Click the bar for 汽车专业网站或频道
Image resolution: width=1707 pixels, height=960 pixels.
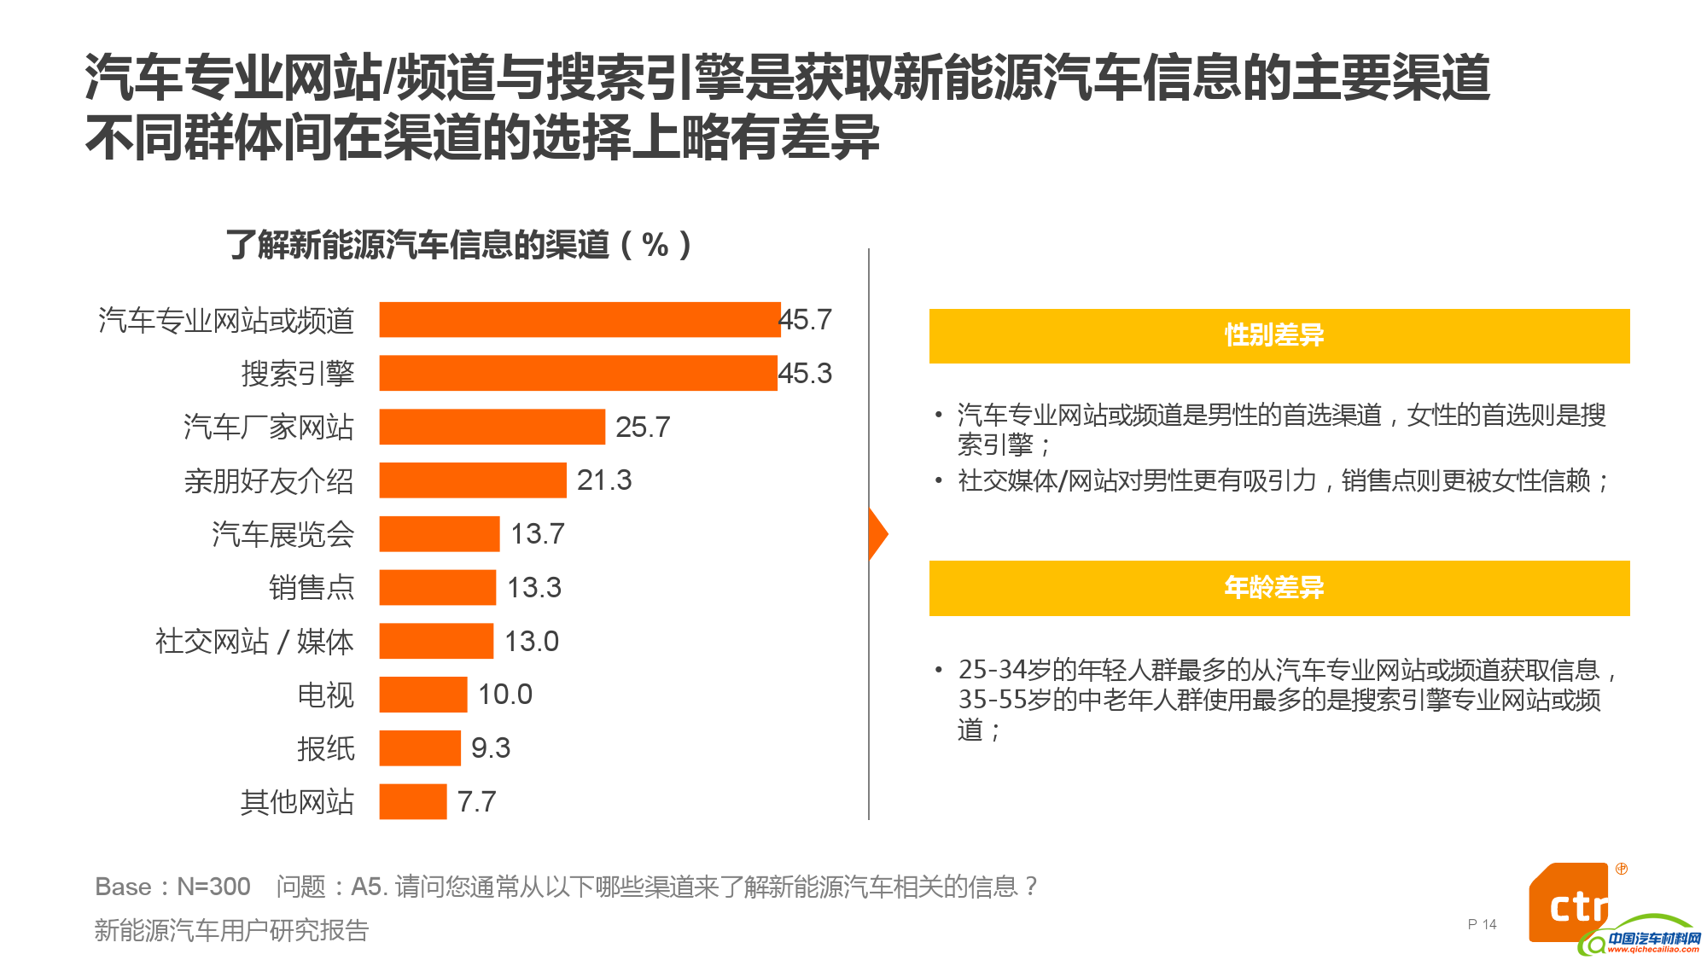point(580,320)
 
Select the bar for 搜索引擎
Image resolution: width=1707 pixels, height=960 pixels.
point(578,373)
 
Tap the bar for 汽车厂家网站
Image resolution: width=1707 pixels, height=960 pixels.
point(492,427)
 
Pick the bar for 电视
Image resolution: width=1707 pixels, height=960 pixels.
point(422,695)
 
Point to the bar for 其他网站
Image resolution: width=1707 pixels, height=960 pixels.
point(412,802)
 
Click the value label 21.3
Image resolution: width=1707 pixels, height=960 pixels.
point(603,480)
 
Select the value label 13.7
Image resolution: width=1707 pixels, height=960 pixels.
point(537,534)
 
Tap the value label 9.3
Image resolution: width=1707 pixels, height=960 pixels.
point(490,748)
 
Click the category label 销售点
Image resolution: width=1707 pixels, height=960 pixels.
point(311,588)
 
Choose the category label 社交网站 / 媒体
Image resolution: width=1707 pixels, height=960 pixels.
point(253,642)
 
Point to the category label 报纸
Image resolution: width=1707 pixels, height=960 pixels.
point(324,748)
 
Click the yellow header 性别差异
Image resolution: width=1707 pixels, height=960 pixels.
point(1279,335)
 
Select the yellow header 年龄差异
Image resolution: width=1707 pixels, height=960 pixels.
point(1279,588)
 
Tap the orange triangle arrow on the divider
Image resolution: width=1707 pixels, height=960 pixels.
point(877,534)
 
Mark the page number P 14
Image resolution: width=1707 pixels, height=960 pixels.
point(1482,924)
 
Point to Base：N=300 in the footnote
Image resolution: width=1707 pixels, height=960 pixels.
point(172,887)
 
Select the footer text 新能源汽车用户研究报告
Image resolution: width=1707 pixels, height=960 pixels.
point(231,930)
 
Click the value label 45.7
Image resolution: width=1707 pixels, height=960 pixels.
point(806,320)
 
